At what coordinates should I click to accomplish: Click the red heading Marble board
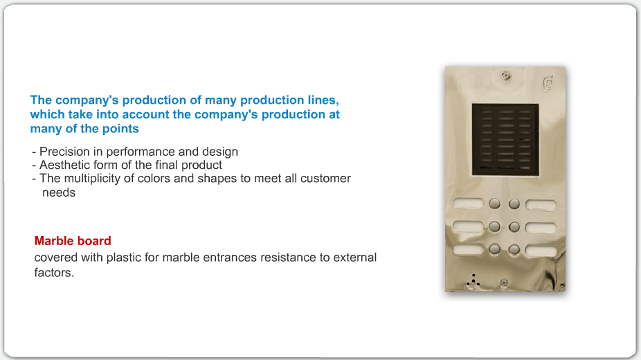point(73,241)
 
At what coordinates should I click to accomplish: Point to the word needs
point(59,192)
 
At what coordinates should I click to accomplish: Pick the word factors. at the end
point(54,273)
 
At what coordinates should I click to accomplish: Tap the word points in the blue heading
point(120,129)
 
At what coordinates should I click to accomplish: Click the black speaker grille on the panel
point(505,139)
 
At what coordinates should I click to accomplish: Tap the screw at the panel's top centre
point(507,75)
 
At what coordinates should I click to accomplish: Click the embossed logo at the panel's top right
point(548,82)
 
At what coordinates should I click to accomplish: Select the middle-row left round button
point(495,226)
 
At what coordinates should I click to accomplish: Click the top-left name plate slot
point(468,203)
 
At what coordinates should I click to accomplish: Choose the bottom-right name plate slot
point(541,251)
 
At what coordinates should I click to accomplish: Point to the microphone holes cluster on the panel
point(473,280)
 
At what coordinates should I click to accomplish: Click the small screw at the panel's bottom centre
point(504,282)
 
